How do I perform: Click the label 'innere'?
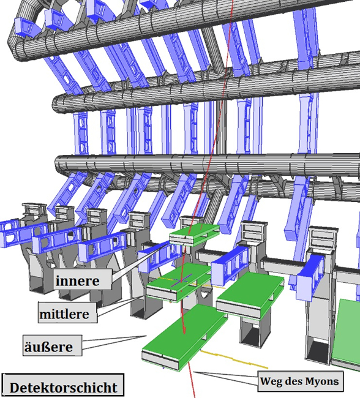(x=77, y=280)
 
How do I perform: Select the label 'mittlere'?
(x=64, y=314)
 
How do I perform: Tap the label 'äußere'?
(x=48, y=347)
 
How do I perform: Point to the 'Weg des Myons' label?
(x=301, y=381)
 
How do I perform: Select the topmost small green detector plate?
(x=194, y=235)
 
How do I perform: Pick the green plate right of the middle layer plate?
(x=250, y=295)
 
